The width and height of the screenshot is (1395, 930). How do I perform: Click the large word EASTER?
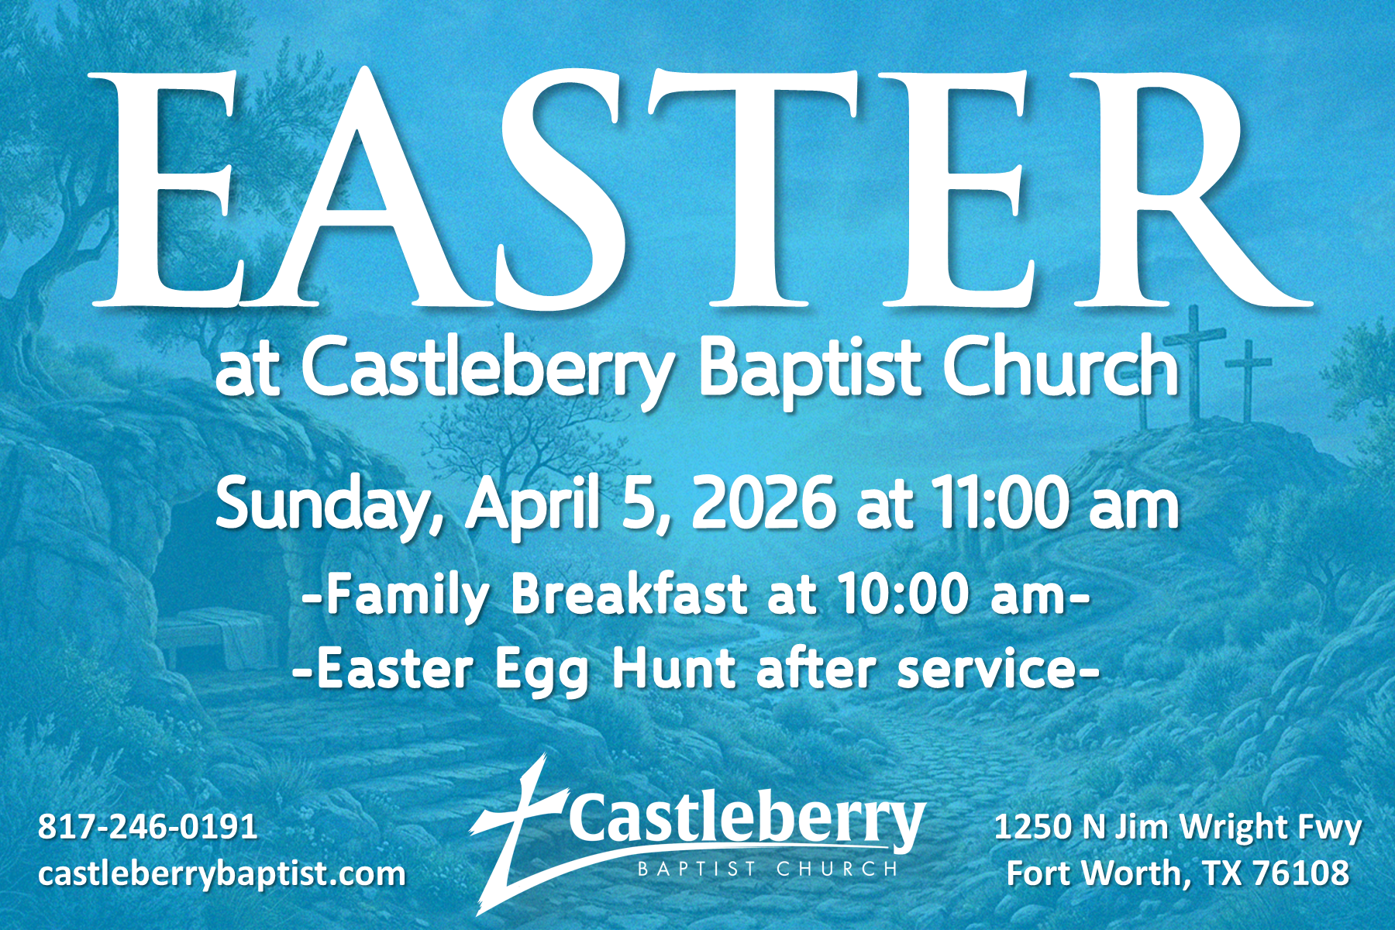(x=697, y=190)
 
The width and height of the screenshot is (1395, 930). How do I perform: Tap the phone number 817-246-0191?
(x=147, y=827)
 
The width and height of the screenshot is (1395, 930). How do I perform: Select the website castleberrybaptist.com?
(x=222, y=874)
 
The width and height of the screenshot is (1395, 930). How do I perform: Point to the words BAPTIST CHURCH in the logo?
(x=767, y=869)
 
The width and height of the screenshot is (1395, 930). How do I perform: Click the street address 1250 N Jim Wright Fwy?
(x=1178, y=827)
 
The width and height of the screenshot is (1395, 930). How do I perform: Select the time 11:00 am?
(x=1054, y=505)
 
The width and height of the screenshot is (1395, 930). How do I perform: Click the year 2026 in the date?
(x=763, y=505)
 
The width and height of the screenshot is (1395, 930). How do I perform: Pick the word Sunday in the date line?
(x=322, y=505)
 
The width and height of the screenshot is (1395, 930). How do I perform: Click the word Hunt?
(x=673, y=670)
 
